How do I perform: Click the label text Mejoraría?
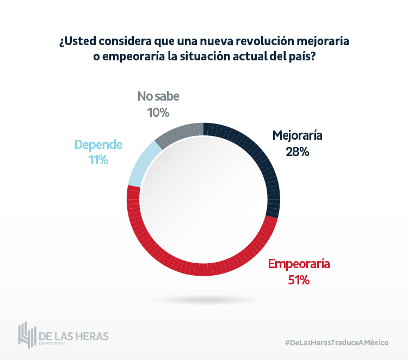click(x=298, y=135)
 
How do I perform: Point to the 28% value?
click(x=298, y=152)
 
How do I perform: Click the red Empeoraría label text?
click(x=299, y=264)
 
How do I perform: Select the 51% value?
click(x=299, y=281)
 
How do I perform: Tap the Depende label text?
click(x=98, y=145)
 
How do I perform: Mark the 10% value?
click(x=158, y=113)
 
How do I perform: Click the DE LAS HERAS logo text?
click(x=74, y=335)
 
